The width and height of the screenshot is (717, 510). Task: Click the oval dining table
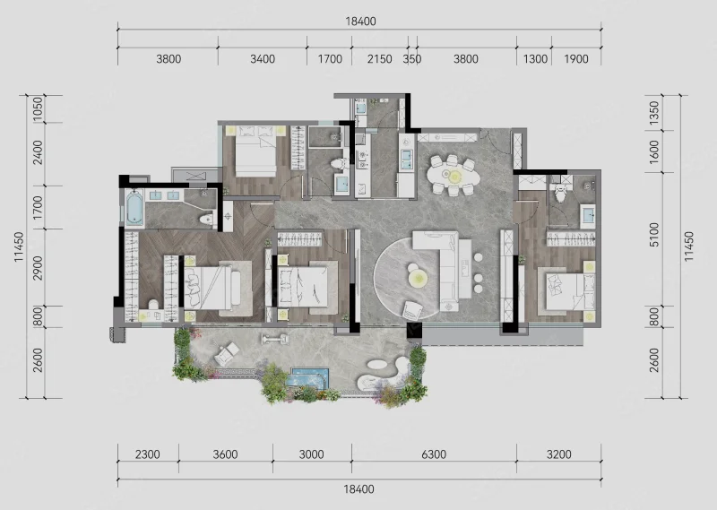pyautogui.click(x=454, y=175)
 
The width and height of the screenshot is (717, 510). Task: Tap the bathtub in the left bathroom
pyautogui.click(x=134, y=209)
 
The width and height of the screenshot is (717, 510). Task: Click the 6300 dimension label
pyautogui.click(x=434, y=454)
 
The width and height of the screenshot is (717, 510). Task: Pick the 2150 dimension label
pyautogui.click(x=379, y=59)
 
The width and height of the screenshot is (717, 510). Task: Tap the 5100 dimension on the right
pyautogui.click(x=654, y=235)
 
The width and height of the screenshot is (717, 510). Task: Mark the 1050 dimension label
pyautogui.click(x=38, y=108)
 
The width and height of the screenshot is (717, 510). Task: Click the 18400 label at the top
pyautogui.click(x=360, y=22)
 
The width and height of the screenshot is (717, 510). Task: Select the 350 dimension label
pyautogui.click(x=412, y=59)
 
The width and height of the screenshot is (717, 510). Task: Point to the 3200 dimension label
pyautogui.click(x=558, y=454)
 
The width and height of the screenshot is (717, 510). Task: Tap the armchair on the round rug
pyautogui.click(x=412, y=311)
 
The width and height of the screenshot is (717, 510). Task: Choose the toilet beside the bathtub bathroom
pyautogui.click(x=207, y=219)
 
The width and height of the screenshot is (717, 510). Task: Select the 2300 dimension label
pyautogui.click(x=148, y=454)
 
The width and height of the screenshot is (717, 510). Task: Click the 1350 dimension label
pyautogui.click(x=654, y=113)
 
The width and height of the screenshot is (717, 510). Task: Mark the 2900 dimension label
pyautogui.click(x=38, y=268)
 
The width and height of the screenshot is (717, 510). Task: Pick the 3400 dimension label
pyautogui.click(x=263, y=59)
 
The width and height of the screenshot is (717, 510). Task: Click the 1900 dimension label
pyautogui.click(x=575, y=59)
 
